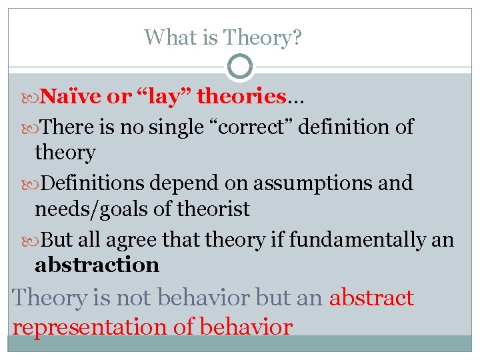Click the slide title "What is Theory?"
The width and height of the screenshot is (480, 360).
click(x=223, y=37)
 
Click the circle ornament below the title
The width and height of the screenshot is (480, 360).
click(x=240, y=67)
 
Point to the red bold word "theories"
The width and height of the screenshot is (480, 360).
click(x=242, y=97)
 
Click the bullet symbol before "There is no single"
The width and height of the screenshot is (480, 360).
click(x=35, y=127)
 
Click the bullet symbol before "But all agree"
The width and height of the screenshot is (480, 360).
click(x=35, y=239)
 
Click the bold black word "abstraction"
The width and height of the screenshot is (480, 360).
click(x=97, y=265)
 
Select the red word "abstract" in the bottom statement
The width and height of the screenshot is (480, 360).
click(x=371, y=297)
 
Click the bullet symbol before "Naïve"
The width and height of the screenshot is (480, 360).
click(x=35, y=98)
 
